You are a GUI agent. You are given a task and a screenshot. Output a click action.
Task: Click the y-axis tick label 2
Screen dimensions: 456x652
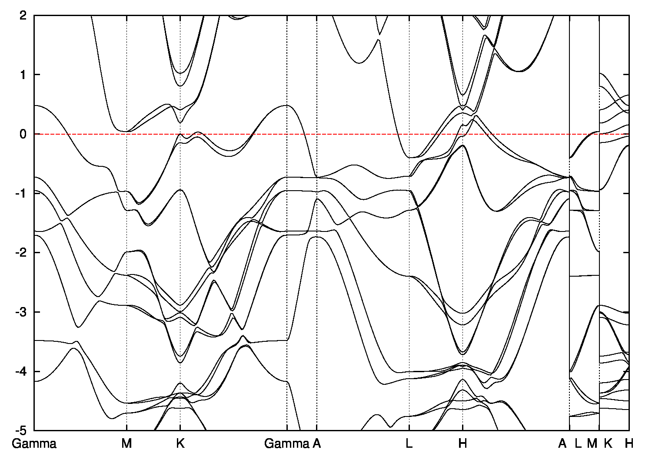pos(23,15)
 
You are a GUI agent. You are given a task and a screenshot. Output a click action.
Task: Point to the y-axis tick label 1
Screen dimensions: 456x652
pos(24,75)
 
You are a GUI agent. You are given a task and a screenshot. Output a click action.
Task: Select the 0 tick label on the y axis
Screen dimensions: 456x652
pos(23,134)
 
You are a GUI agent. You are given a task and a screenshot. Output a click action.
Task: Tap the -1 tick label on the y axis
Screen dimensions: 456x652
pos(22,193)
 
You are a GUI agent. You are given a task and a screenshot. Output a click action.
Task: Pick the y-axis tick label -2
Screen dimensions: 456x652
pos(22,253)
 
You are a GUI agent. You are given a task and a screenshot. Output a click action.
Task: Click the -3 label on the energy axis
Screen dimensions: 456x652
pos(22,312)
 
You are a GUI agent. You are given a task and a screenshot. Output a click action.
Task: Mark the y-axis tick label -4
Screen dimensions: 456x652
pos(22,371)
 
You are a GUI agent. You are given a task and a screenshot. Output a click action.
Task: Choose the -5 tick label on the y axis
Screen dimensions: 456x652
pos(22,430)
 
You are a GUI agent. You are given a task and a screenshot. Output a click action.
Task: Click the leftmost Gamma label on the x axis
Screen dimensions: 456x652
pos(34,444)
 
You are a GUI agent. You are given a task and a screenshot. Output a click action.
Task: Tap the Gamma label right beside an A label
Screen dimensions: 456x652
pos(286,444)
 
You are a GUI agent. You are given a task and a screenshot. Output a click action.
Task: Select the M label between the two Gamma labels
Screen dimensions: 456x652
pos(126,444)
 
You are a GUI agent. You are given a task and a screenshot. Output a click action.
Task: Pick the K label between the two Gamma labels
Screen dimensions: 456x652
pos(180,444)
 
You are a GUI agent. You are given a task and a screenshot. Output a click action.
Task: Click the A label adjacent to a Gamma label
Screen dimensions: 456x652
pos(317,444)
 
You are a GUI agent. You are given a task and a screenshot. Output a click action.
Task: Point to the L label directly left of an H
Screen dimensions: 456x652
pos(409,444)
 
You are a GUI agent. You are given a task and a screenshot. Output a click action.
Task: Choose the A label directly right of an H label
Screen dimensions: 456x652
pos(562,444)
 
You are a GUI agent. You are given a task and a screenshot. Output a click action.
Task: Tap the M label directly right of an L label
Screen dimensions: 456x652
pos(592,444)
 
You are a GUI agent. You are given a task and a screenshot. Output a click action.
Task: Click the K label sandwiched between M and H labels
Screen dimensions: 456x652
pos(608,444)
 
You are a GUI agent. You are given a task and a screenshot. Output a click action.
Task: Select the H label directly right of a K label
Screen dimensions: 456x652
pos(629,444)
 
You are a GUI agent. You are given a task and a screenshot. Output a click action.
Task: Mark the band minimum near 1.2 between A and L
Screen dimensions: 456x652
pos(359,63)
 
